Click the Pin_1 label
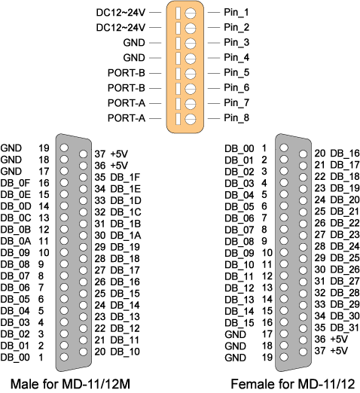(236, 13)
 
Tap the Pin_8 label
(236, 118)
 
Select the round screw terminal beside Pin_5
(191, 74)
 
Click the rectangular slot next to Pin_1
(178, 13)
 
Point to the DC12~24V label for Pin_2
(121, 27)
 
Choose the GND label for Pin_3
(134, 43)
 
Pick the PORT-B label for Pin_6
(127, 88)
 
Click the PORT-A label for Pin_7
(127, 103)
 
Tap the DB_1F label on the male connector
(125, 178)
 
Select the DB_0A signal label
(16, 241)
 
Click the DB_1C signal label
(126, 212)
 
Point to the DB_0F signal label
(15, 183)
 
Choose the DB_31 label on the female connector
(345, 327)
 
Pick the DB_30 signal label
(345, 316)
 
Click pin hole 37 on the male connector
(83, 154)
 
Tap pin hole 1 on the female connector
(284, 148)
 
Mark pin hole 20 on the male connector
(83, 352)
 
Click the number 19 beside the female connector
(267, 357)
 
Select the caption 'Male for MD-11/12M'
(70, 384)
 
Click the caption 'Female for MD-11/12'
(293, 384)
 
